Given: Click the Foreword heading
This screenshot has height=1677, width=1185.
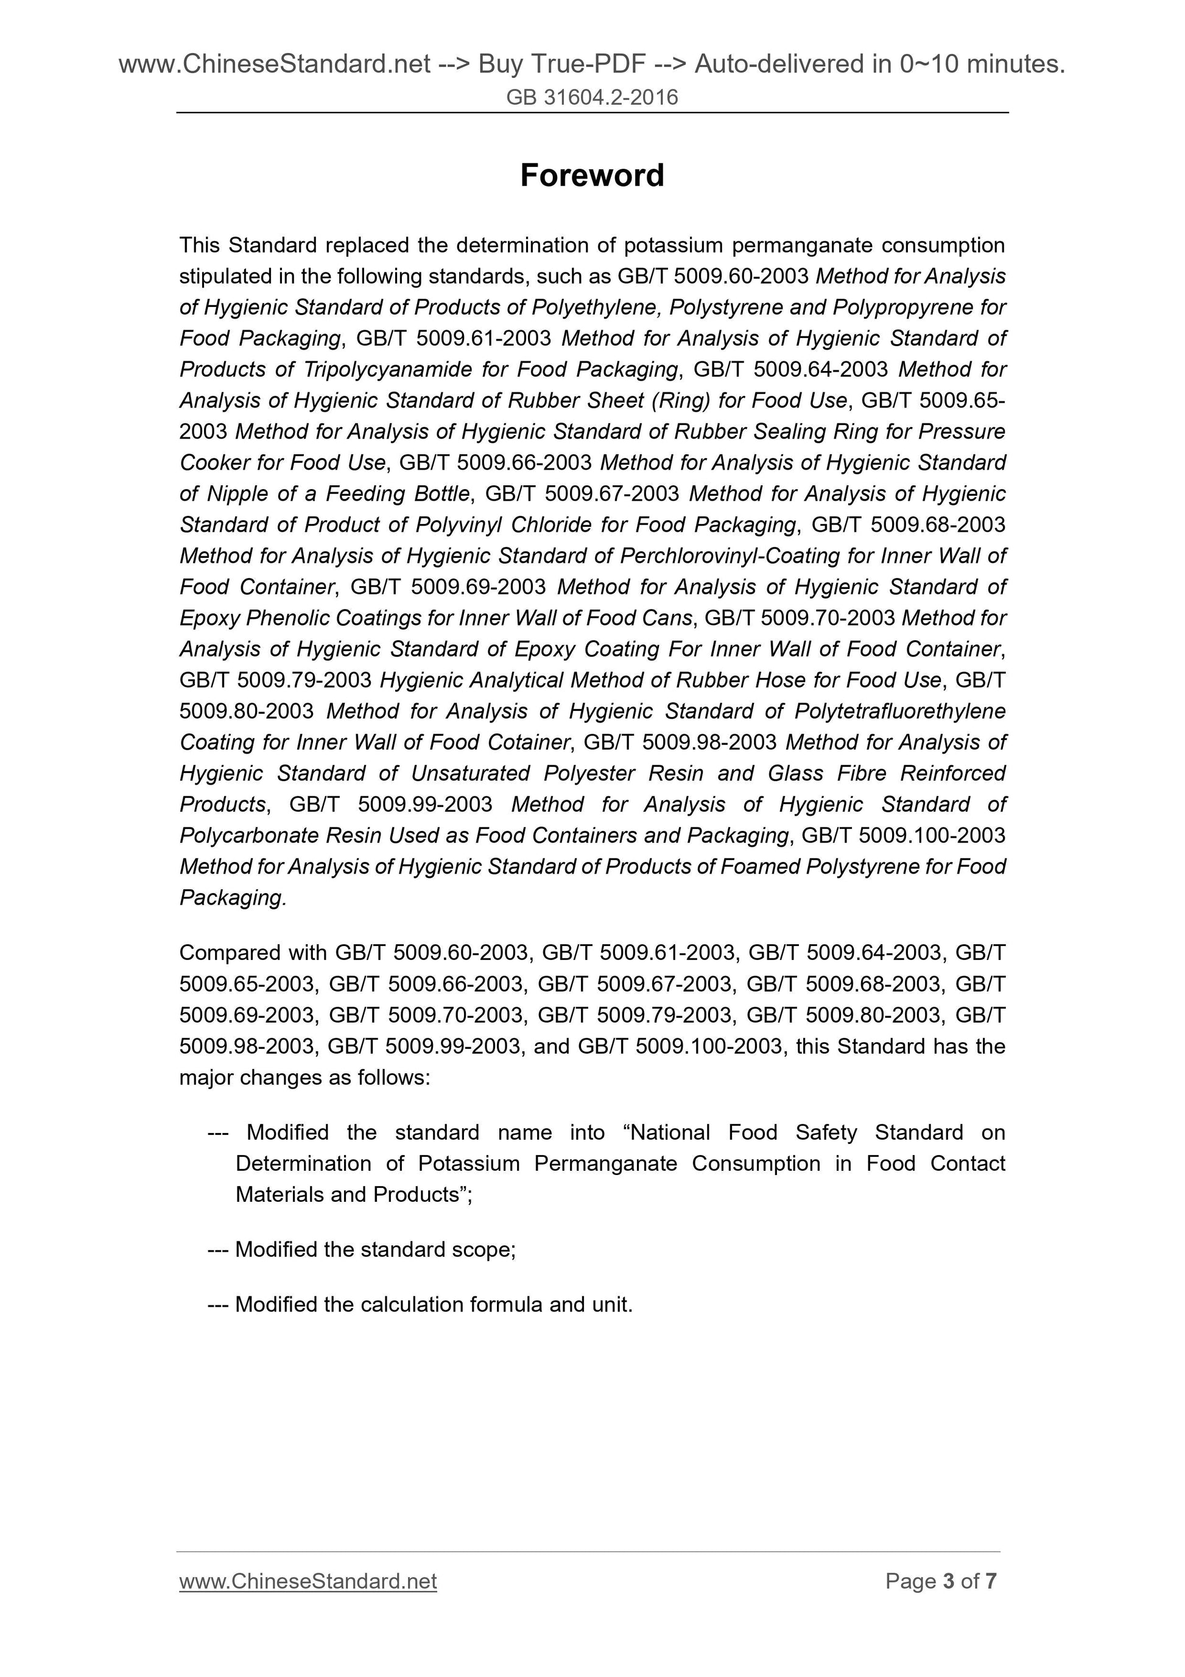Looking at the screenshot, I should [x=591, y=176].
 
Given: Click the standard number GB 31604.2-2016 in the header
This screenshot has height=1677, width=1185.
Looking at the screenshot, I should [x=591, y=97].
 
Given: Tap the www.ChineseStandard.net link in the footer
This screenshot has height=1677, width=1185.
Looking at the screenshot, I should [x=308, y=1581].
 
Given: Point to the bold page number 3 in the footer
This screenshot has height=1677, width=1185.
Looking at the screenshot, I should [x=949, y=1581].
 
